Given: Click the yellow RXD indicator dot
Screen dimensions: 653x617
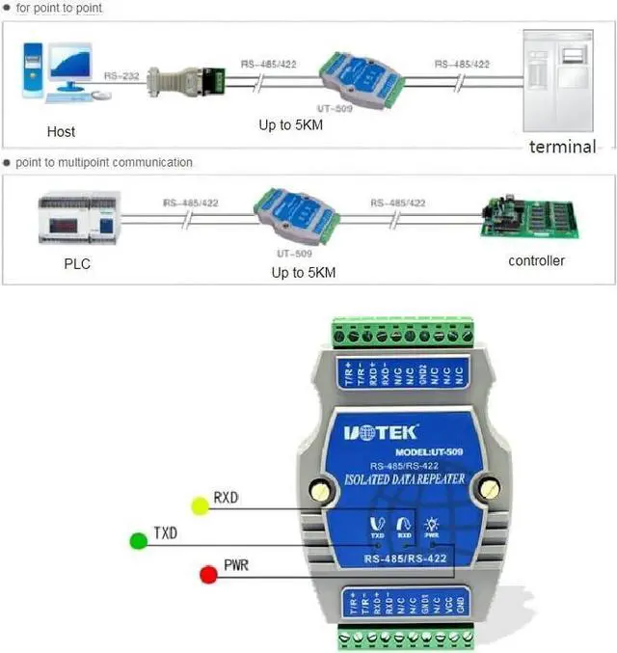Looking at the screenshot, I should coord(200,504).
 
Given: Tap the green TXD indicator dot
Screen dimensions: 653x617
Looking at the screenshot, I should coord(139,541).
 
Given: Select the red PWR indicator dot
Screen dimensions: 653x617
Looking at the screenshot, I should coord(207,575).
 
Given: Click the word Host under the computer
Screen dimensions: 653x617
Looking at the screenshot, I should coord(61,131).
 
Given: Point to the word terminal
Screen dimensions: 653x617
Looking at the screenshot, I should coord(562,147).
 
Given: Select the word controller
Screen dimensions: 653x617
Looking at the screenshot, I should coord(536,260).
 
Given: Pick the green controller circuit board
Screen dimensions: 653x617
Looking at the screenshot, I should coord(531,218).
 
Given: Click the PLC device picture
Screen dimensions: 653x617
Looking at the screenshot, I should coord(77,218).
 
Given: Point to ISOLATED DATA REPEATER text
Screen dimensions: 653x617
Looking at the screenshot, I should coord(405,477).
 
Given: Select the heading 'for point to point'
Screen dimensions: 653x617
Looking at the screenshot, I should coord(59,8).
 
